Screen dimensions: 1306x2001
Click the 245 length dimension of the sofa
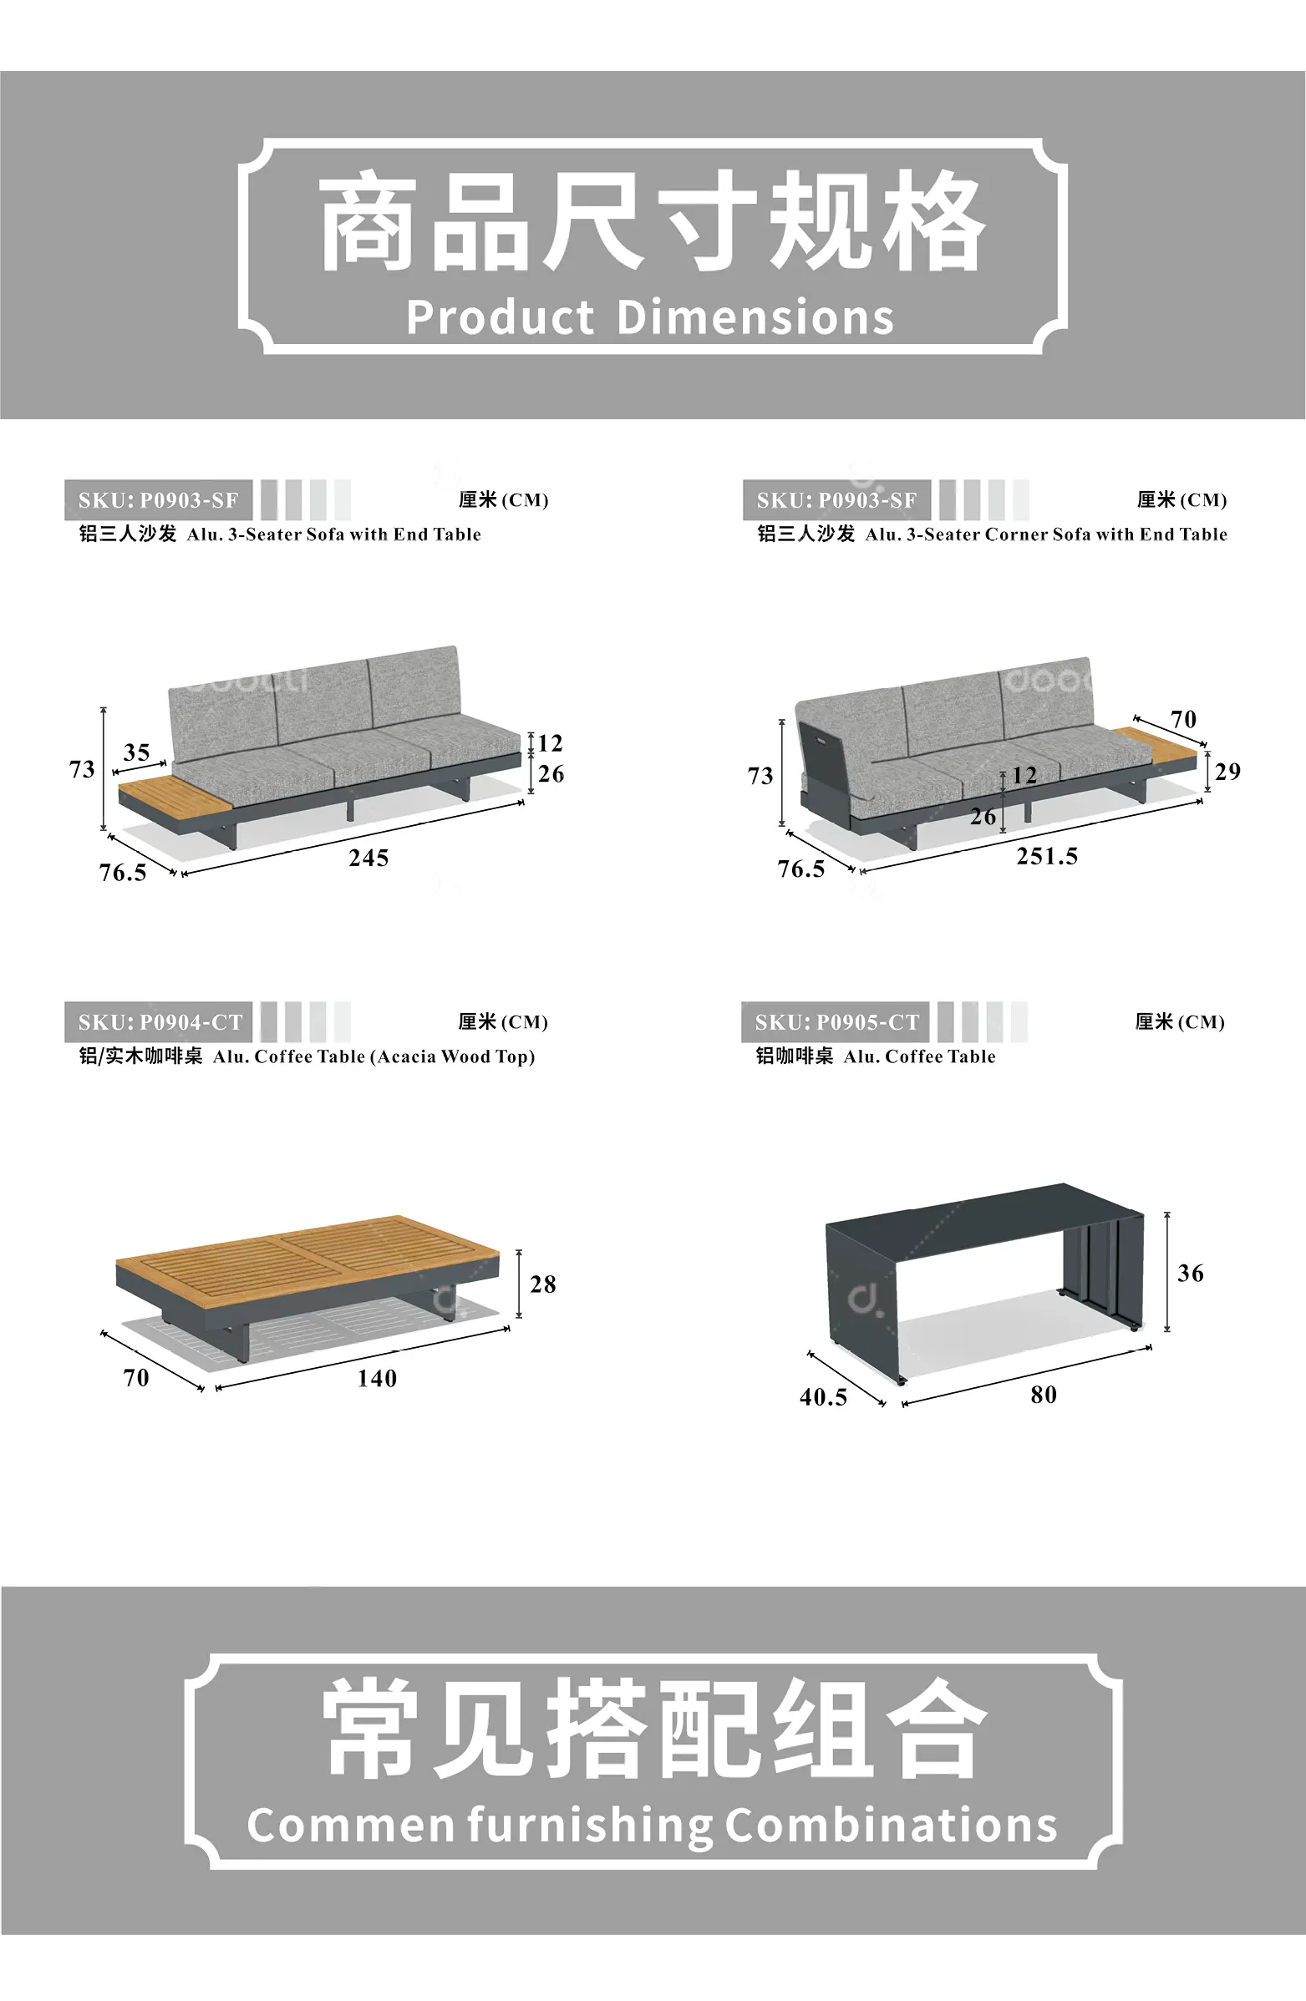tap(368, 858)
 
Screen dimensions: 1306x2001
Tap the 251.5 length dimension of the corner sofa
tap(1047, 856)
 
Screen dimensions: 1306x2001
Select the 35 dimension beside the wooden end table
tap(136, 752)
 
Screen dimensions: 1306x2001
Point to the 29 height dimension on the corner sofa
tap(1227, 771)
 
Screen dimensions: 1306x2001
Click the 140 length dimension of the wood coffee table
tap(377, 1378)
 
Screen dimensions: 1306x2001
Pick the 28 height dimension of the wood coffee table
tap(542, 1284)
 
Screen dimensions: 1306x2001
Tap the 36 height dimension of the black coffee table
tap(1190, 1273)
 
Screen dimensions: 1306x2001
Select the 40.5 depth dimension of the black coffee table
tap(823, 1396)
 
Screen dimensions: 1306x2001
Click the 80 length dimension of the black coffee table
tap(1043, 1395)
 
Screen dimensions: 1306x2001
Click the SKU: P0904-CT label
tap(160, 1022)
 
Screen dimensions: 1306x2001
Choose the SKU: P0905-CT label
tap(836, 1022)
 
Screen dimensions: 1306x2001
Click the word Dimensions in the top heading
tap(755, 318)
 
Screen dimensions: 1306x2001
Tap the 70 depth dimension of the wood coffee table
tap(135, 1377)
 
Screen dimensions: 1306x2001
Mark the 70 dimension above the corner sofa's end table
tap(1183, 719)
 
